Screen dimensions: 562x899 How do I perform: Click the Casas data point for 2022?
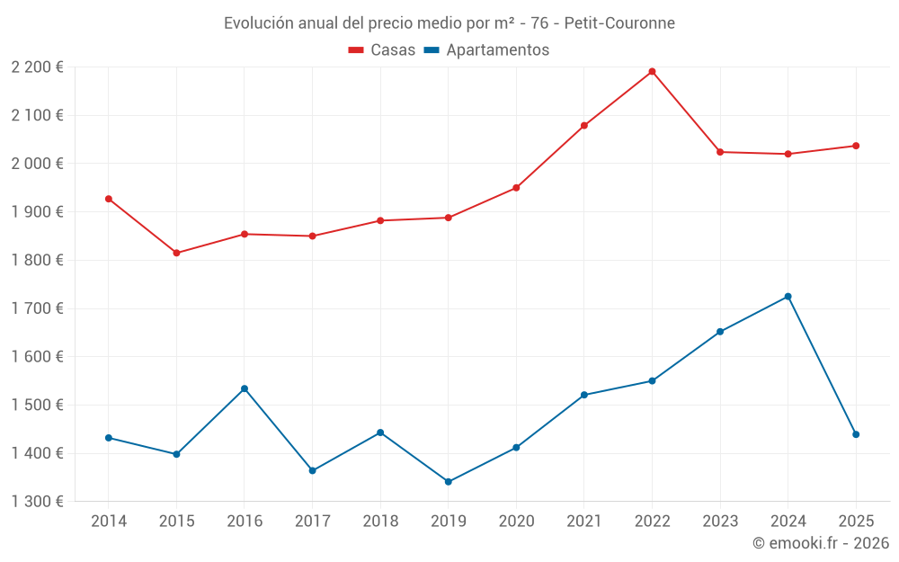[x=652, y=72]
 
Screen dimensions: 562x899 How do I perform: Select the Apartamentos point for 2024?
[x=788, y=297]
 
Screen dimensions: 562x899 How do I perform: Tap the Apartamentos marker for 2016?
[x=245, y=388]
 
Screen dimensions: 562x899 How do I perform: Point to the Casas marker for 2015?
[x=176, y=254]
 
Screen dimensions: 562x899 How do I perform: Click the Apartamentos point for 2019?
[x=449, y=482]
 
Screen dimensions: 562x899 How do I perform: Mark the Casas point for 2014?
[x=109, y=199]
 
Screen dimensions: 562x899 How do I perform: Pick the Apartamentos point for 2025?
[x=856, y=434]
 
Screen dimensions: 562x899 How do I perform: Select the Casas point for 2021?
[x=584, y=126]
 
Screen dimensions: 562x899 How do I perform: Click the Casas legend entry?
[x=382, y=50]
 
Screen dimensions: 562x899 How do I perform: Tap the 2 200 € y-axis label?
[x=37, y=67]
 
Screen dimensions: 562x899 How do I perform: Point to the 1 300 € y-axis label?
[x=37, y=502]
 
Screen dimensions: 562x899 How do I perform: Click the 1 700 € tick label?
[x=37, y=308]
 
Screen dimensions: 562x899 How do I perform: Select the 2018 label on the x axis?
[x=380, y=522]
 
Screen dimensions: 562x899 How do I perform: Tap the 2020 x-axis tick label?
[x=516, y=522]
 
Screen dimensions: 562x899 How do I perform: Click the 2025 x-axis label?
[x=856, y=522]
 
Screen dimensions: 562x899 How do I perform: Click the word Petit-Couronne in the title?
[x=619, y=22]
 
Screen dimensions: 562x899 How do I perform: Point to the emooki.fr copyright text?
[x=820, y=543]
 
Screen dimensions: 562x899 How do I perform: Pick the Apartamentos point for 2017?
[x=313, y=470]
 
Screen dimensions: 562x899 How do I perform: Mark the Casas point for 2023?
[x=720, y=152]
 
